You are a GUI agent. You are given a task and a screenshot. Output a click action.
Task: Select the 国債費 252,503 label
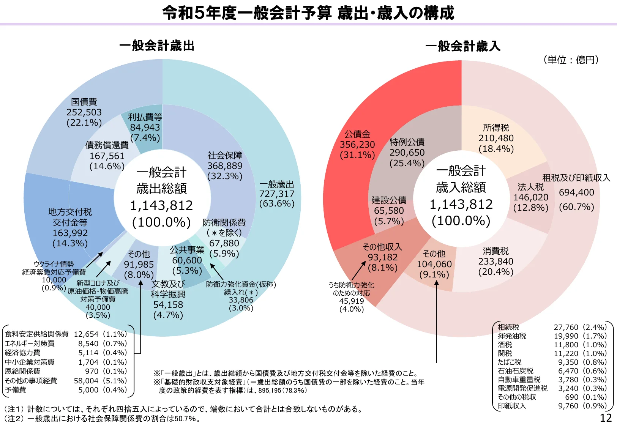click(x=84, y=112)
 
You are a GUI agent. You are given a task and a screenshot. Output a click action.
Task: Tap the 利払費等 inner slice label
click(x=145, y=117)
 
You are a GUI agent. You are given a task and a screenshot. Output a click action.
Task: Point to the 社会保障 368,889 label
click(x=225, y=165)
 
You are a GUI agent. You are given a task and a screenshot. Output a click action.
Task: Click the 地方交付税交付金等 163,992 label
click(x=70, y=227)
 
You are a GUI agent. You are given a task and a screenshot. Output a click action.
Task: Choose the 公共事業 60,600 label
click(x=187, y=260)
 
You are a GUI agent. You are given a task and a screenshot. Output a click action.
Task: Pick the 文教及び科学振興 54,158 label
click(x=168, y=299)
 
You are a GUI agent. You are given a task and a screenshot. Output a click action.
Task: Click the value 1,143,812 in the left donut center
click(x=161, y=206)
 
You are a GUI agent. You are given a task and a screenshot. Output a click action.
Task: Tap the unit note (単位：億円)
click(x=571, y=60)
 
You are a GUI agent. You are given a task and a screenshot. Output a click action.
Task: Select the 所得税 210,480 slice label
click(x=496, y=138)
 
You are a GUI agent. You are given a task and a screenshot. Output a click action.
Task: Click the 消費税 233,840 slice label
click(x=496, y=261)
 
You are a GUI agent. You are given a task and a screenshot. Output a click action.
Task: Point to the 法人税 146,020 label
click(x=531, y=197)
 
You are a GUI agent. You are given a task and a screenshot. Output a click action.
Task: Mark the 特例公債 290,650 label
click(x=407, y=152)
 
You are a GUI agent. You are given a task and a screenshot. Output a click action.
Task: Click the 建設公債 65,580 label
click(x=389, y=210)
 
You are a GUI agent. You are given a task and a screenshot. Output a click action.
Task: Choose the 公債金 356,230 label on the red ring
click(x=357, y=144)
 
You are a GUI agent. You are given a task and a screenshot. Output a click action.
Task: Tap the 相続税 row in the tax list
click(x=508, y=327)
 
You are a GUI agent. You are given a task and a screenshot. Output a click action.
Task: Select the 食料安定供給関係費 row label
click(x=36, y=334)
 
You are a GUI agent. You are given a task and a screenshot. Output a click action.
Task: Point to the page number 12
click(x=606, y=418)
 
